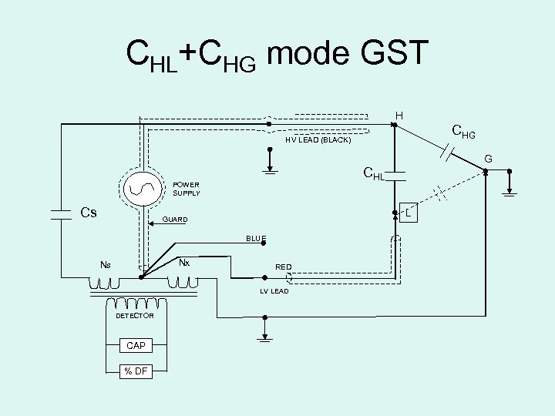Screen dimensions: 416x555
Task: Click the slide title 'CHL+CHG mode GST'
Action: pyautogui.click(x=276, y=55)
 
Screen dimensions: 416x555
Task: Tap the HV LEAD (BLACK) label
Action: pyautogui.click(x=318, y=141)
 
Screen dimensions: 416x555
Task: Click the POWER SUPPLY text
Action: pyautogui.click(x=187, y=189)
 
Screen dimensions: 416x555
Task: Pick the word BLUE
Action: pyautogui.click(x=257, y=239)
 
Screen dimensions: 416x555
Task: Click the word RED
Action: pyautogui.click(x=284, y=269)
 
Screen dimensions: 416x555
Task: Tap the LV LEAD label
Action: pyautogui.click(x=274, y=290)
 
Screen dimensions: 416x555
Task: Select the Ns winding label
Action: pyautogui.click(x=105, y=265)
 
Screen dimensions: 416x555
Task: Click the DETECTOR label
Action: pyautogui.click(x=134, y=316)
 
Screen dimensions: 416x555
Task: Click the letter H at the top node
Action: pyautogui.click(x=399, y=116)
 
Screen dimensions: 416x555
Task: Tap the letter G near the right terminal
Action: pyautogui.click(x=487, y=160)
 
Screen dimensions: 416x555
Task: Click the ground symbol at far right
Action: pyautogui.click(x=510, y=193)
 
